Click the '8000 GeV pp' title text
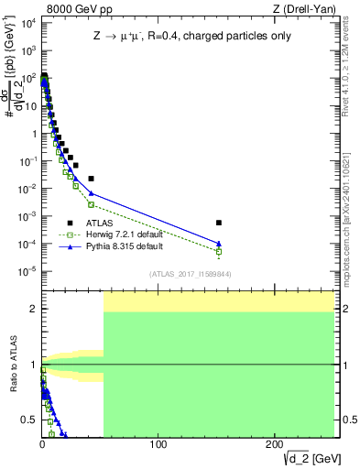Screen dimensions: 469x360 (x=78, y=10)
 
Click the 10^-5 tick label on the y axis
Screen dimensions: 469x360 (x=27, y=271)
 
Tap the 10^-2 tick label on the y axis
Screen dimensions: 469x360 (x=27, y=189)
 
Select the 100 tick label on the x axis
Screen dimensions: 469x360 (x=158, y=444)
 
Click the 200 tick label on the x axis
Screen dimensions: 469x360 (x=275, y=444)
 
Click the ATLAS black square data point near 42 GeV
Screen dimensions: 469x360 (x=91, y=179)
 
